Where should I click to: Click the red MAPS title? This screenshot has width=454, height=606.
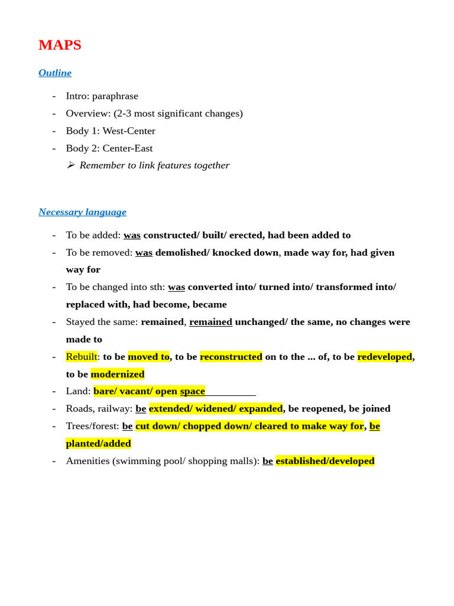60,45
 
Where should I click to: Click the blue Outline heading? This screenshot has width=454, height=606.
55,73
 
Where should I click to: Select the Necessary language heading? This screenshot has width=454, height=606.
82,212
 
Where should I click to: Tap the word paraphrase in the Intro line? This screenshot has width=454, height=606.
115,96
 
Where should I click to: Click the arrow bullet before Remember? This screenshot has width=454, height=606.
70,165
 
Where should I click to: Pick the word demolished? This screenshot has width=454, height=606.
182,252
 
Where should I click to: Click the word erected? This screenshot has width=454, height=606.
246,235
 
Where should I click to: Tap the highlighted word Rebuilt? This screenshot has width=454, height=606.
81,357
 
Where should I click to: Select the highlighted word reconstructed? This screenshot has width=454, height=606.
231,357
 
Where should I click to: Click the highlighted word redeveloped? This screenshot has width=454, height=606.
384,357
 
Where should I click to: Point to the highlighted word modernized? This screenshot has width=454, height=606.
118,374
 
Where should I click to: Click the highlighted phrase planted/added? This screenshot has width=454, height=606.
98,443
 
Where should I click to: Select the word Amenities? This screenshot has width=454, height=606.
87,461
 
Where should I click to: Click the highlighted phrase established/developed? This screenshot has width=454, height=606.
325,461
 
